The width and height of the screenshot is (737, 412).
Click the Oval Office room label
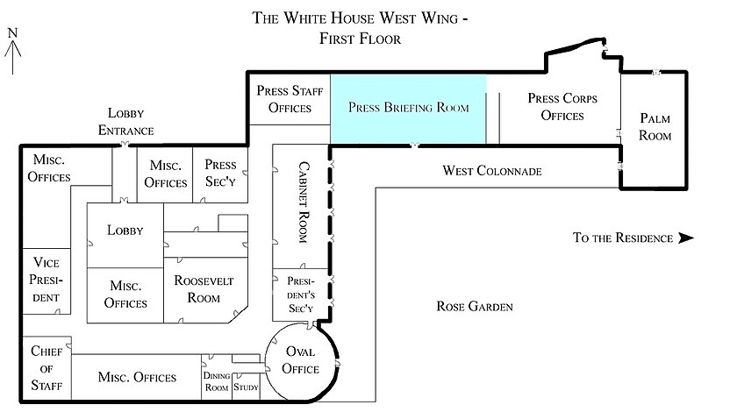tap(300, 360)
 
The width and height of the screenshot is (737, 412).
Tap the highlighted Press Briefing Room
tap(408, 109)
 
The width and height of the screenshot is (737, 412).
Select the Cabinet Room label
tap(304, 202)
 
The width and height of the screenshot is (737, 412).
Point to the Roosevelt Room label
tap(204, 289)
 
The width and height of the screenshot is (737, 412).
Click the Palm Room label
tap(655, 127)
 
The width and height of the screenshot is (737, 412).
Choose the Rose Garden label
tap(475, 306)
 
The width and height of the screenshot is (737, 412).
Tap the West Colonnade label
tap(492, 171)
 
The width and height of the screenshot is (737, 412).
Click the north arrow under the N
tap(12, 56)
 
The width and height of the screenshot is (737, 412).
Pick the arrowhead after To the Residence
tap(686, 238)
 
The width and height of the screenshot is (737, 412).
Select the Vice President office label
tap(46, 280)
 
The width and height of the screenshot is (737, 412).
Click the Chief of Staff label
tap(46, 368)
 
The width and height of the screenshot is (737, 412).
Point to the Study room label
tap(246, 387)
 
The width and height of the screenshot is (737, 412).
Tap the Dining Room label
tap(217, 381)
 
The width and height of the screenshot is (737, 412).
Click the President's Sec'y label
tap(301, 295)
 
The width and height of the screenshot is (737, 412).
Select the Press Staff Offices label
tap(290, 99)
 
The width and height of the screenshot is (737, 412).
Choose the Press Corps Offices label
tap(562, 107)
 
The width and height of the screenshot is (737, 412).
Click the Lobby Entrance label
tap(126, 122)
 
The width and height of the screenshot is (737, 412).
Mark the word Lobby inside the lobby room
tap(125, 231)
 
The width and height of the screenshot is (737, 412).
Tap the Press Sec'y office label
tap(220, 173)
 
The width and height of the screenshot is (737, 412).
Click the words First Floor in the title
tap(360, 39)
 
